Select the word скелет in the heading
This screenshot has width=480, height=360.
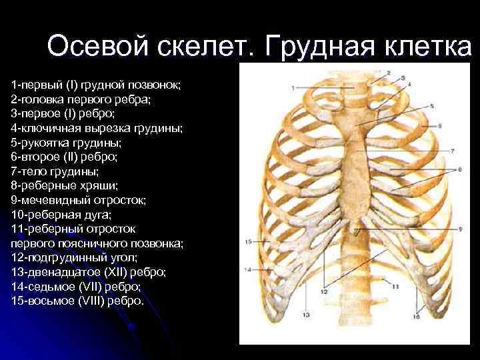203,47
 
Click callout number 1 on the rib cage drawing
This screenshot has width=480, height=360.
292,87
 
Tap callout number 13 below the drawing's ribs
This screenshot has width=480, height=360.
306,314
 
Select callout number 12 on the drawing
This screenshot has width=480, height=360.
323,291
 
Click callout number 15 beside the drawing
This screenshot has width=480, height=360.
247,241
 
